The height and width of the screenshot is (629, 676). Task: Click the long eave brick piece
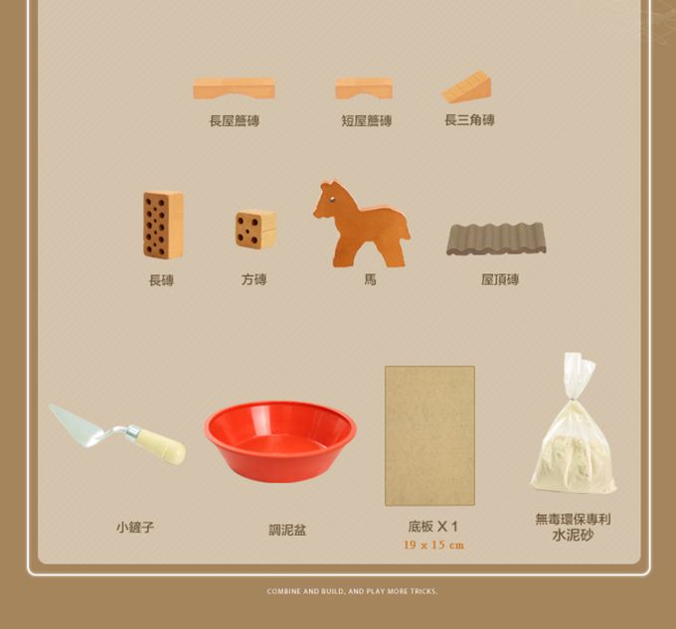coord(234,88)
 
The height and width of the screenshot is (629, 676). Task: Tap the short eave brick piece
coord(364,88)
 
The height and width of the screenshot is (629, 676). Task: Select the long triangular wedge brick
coord(467,88)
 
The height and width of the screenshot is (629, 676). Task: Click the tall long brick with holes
coord(163,226)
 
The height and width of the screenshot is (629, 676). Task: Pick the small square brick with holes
coord(255,230)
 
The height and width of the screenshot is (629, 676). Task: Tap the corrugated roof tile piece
coord(496,239)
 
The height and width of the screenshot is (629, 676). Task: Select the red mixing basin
coord(280,440)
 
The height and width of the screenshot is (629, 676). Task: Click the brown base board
coord(429,435)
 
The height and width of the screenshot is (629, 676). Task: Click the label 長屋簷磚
coord(235,121)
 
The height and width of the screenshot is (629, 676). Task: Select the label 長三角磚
coord(469,120)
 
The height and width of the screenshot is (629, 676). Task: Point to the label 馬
coord(370,280)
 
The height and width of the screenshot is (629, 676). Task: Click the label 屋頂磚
coord(500,280)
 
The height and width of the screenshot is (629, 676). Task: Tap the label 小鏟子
coord(135,528)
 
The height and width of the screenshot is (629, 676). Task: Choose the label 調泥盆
coord(287,531)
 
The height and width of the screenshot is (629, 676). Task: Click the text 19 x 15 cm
coord(433,546)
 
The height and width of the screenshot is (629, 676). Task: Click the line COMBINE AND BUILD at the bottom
coord(352,591)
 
